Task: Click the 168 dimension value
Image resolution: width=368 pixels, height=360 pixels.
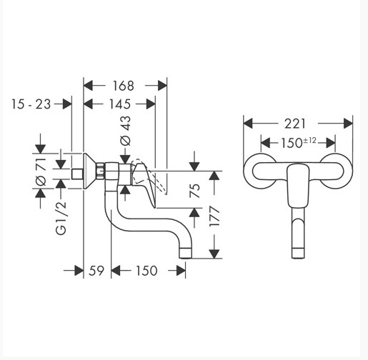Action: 123,86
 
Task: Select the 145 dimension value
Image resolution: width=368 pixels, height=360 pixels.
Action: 120,104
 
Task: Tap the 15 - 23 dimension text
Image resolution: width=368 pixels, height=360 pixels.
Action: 31,104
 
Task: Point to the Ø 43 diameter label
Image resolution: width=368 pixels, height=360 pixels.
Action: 126,131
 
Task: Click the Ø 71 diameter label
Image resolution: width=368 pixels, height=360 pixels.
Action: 41,171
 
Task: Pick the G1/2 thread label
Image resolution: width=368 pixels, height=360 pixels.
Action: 61,218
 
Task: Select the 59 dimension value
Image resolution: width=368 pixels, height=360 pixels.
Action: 96,271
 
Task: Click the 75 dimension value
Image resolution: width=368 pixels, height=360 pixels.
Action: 195,190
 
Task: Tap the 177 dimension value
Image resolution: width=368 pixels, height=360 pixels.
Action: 214,217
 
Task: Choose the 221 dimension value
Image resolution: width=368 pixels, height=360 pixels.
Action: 295,124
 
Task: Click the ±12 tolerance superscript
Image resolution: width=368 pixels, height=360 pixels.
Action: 309,141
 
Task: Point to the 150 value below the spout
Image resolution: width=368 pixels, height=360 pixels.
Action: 146,271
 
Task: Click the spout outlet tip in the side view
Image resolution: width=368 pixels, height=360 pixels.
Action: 185,254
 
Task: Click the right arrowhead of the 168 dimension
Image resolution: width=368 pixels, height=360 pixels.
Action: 162,86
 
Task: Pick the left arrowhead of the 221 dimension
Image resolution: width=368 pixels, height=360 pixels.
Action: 248,124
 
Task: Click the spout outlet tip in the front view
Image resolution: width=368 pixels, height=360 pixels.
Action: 298,254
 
